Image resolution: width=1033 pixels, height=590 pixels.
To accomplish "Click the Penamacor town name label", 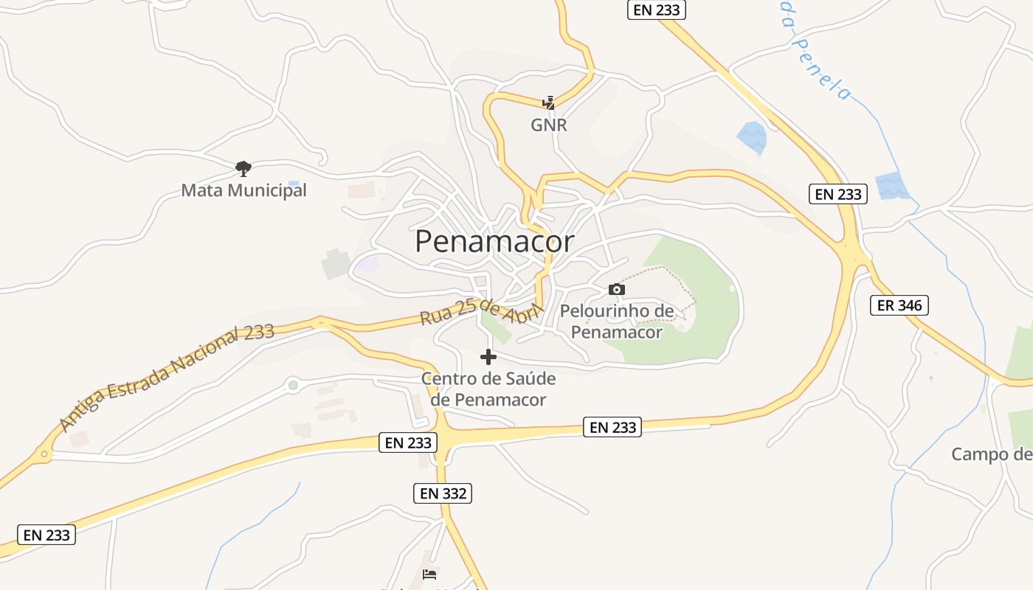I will [x=494, y=241].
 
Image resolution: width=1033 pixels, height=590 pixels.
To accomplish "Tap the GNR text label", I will [x=549, y=125].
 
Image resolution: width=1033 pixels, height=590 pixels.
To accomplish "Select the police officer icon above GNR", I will [x=548, y=103].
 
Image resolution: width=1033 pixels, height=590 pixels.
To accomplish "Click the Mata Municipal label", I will [x=243, y=190].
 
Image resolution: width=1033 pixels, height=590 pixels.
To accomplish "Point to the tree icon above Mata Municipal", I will [x=243, y=169].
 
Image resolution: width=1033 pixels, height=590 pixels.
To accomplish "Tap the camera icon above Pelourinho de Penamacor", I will [x=617, y=289].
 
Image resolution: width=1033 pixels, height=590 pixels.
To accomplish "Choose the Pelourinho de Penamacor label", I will [x=617, y=322].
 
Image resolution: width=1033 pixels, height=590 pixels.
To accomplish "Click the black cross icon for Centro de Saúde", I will [x=488, y=357].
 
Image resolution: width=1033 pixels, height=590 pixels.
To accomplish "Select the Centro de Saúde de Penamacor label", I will [x=488, y=389].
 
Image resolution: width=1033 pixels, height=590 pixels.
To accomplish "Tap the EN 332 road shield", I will [x=441, y=493].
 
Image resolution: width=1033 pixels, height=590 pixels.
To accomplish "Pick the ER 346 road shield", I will [x=899, y=305].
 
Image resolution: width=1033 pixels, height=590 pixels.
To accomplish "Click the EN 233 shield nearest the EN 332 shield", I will [x=408, y=442].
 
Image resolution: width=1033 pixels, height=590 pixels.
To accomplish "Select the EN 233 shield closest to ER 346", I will [x=837, y=194].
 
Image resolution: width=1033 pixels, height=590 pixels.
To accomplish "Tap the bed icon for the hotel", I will [x=429, y=574].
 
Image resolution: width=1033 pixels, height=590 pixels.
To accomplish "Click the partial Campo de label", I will [x=992, y=454].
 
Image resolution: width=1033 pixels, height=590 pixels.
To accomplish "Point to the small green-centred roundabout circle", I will [x=293, y=384].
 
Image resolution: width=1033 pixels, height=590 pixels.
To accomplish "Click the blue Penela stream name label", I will [x=816, y=57].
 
